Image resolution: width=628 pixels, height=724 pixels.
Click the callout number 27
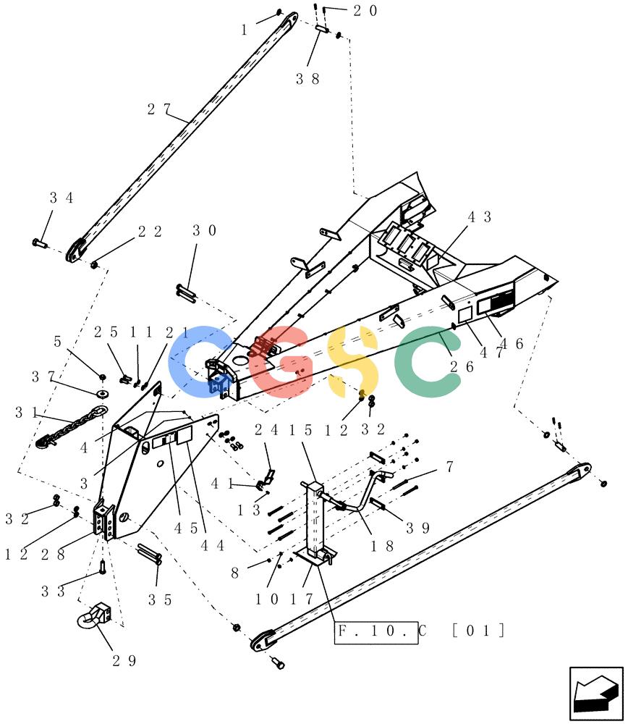point(158,109)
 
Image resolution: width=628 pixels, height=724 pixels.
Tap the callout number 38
point(307,79)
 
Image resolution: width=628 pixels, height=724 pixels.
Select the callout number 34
point(61,198)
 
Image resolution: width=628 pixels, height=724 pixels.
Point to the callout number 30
point(205,230)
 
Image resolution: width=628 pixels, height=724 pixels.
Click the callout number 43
point(480,217)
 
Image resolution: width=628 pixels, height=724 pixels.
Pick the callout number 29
point(124,661)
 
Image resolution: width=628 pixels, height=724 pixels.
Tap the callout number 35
point(160,599)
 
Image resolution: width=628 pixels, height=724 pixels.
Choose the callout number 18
point(383,546)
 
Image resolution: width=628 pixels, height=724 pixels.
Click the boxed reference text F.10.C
point(376,631)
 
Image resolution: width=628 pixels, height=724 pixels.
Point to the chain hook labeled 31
point(70,426)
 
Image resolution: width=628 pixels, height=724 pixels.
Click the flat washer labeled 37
point(102,393)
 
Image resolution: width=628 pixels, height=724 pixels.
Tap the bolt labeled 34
point(40,243)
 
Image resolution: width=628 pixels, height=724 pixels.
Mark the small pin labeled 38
point(322,29)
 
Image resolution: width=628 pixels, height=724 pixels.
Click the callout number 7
point(449,467)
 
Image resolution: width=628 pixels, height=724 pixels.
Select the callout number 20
point(365,11)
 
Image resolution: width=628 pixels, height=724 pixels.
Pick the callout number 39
point(418,529)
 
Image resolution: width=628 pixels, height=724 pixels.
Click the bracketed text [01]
point(478,631)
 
